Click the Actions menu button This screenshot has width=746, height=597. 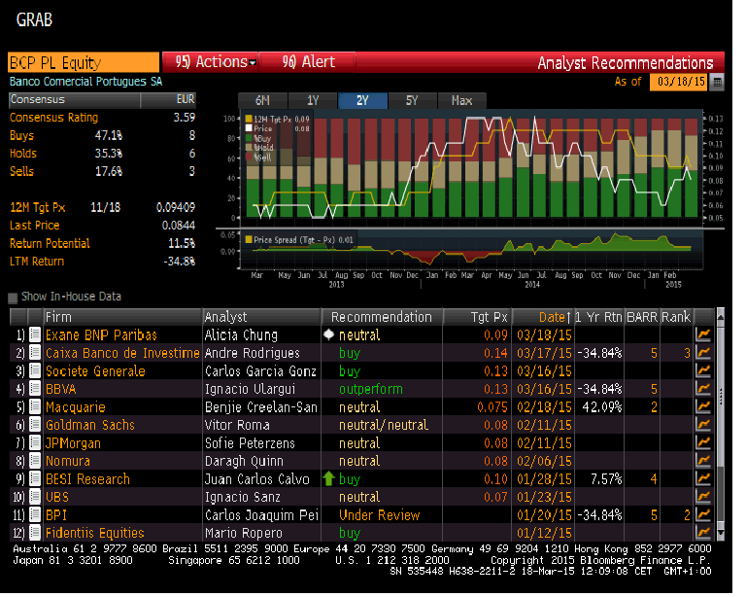(216, 62)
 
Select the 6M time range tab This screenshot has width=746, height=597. (262, 100)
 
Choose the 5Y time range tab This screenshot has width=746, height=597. (411, 100)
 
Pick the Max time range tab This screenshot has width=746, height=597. (461, 100)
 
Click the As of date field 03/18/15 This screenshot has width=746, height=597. (678, 82)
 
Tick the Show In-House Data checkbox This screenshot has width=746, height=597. (13, 298)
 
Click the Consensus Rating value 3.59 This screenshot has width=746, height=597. (184, 118)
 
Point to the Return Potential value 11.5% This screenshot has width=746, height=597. (182, 244)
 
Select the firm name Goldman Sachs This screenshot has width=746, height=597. (90, 425)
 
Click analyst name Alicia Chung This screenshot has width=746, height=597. (241, 335)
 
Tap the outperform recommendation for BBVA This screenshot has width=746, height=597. (370, 389)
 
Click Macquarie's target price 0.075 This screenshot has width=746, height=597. (493, 407)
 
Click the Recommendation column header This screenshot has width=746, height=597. (381, 317)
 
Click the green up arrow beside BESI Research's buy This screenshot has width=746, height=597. (328, 478)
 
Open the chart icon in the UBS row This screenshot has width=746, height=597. (703, 497)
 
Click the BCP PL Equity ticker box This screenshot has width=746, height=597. (83, 62)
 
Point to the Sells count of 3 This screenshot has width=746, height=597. (191, 172)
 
